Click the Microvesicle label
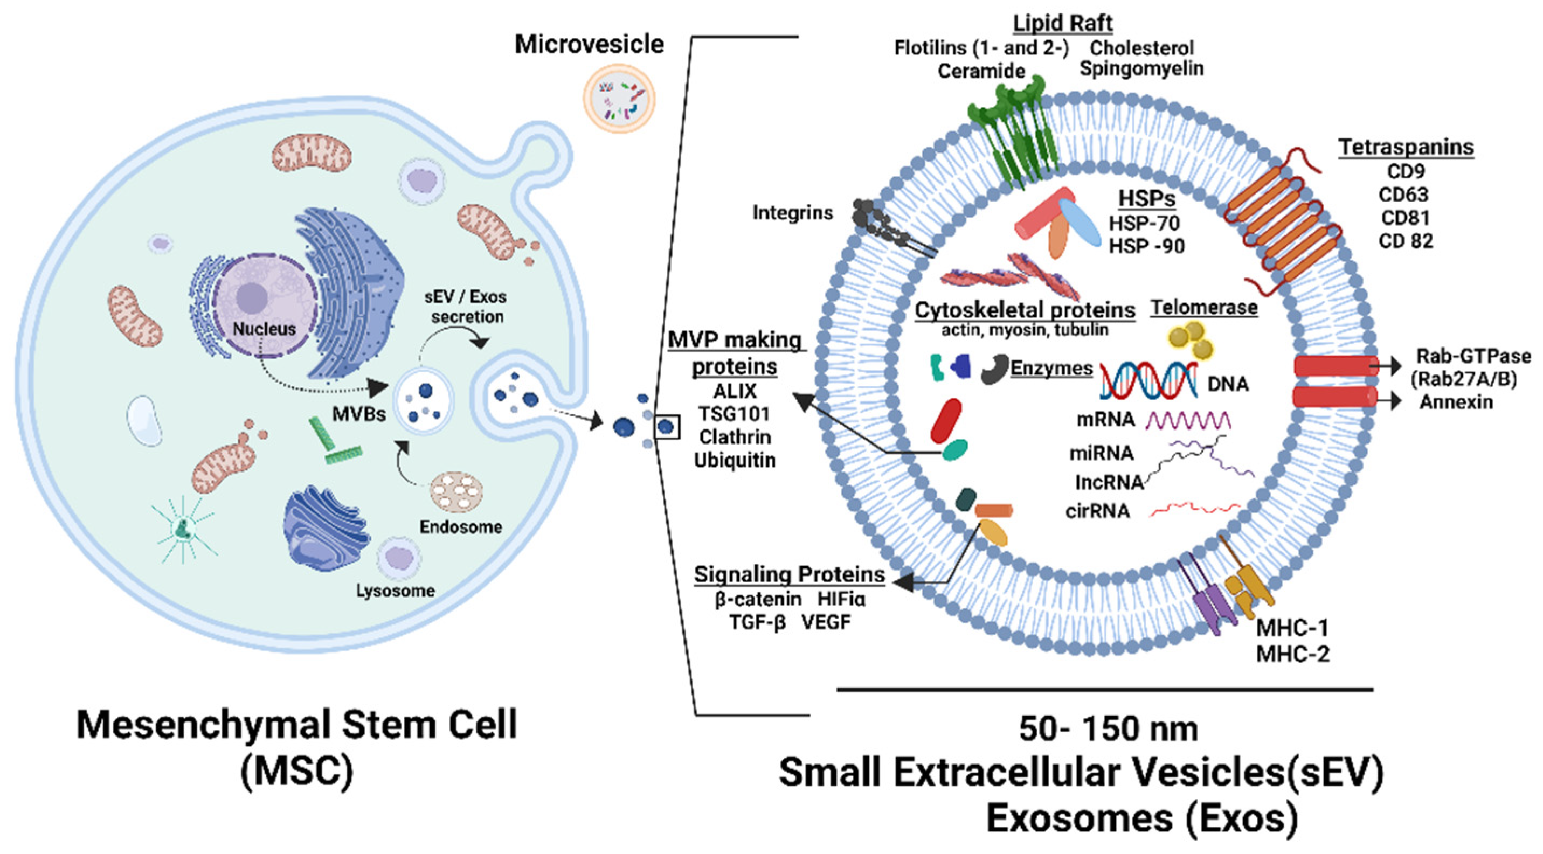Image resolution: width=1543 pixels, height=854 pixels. (x=589, y=44)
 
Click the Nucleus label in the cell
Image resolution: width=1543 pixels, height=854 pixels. (x=264, y=329)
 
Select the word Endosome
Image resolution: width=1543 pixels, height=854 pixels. (x=461, y=527)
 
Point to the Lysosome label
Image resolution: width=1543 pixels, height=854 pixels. (x=396, y=591)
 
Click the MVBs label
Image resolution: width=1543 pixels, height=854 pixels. (x=359, y=414)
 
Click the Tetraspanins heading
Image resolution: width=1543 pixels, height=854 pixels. (x=1406, y=147)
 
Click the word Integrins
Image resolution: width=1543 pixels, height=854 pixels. (x=792, y=213)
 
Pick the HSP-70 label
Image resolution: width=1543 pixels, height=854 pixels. (x=1144, y=224)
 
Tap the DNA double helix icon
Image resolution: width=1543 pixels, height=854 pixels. (x=1148, y=381)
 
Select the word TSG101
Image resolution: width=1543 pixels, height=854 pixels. (x=735, y=414)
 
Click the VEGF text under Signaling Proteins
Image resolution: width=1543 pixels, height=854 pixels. (x=826, y=622)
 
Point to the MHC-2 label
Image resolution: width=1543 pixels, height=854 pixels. (x=1292, y=654)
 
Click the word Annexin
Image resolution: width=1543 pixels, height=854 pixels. (x=1456, y=402)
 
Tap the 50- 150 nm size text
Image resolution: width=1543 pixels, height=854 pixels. (x=1108, y=729)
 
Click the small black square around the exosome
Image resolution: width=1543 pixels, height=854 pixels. (x=667, y=426)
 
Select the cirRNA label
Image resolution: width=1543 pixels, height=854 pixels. (x=1097, y=511)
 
